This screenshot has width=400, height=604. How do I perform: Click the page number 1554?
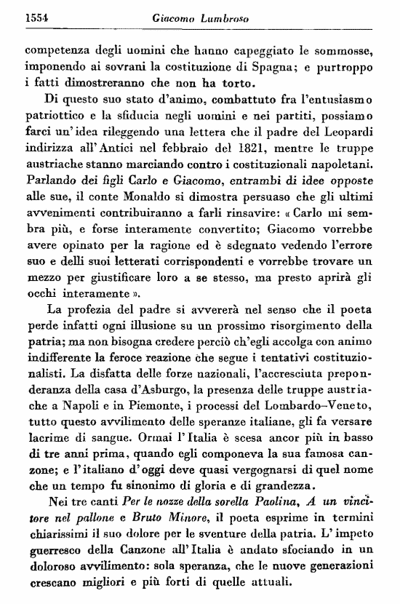[38, 18]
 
